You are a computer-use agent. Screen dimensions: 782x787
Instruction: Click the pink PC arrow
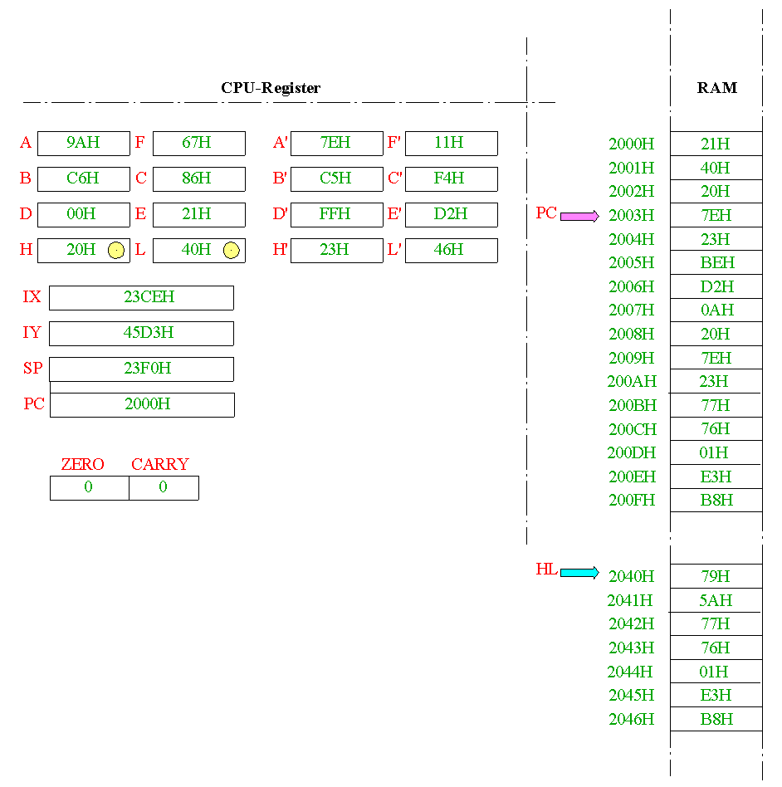point(579,217)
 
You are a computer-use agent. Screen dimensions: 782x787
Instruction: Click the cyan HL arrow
point(579,573)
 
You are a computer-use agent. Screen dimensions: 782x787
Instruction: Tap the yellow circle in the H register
point(116,250)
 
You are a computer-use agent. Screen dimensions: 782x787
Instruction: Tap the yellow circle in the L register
point(232,250)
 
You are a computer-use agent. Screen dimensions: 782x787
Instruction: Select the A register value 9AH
point(83,143)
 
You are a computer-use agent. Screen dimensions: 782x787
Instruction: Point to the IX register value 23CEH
point(149,297)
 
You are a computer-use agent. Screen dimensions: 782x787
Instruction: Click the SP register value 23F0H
point(148,369)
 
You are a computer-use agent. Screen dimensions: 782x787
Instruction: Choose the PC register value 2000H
point(148,404)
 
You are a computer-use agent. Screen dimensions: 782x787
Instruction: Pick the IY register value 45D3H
point(149,333)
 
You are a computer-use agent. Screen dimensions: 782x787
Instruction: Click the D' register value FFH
point(335,214)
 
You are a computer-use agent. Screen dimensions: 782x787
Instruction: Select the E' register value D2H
point(451,214)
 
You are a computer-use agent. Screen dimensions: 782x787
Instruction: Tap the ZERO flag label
point(83,464)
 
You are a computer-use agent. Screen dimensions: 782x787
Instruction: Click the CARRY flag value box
point(164,488)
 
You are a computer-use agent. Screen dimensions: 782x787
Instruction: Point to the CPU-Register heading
point(271,88)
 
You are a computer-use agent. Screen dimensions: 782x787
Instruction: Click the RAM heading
point(717,88)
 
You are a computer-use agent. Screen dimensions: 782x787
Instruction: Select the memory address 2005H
point(632,263)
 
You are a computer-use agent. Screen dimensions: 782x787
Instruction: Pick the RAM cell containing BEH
point(716,262)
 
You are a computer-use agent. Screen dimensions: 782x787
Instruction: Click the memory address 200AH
point(632,381)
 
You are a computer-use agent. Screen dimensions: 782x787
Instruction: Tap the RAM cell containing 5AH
point(716,600)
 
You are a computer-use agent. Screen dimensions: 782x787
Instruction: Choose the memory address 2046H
point(632,720)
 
